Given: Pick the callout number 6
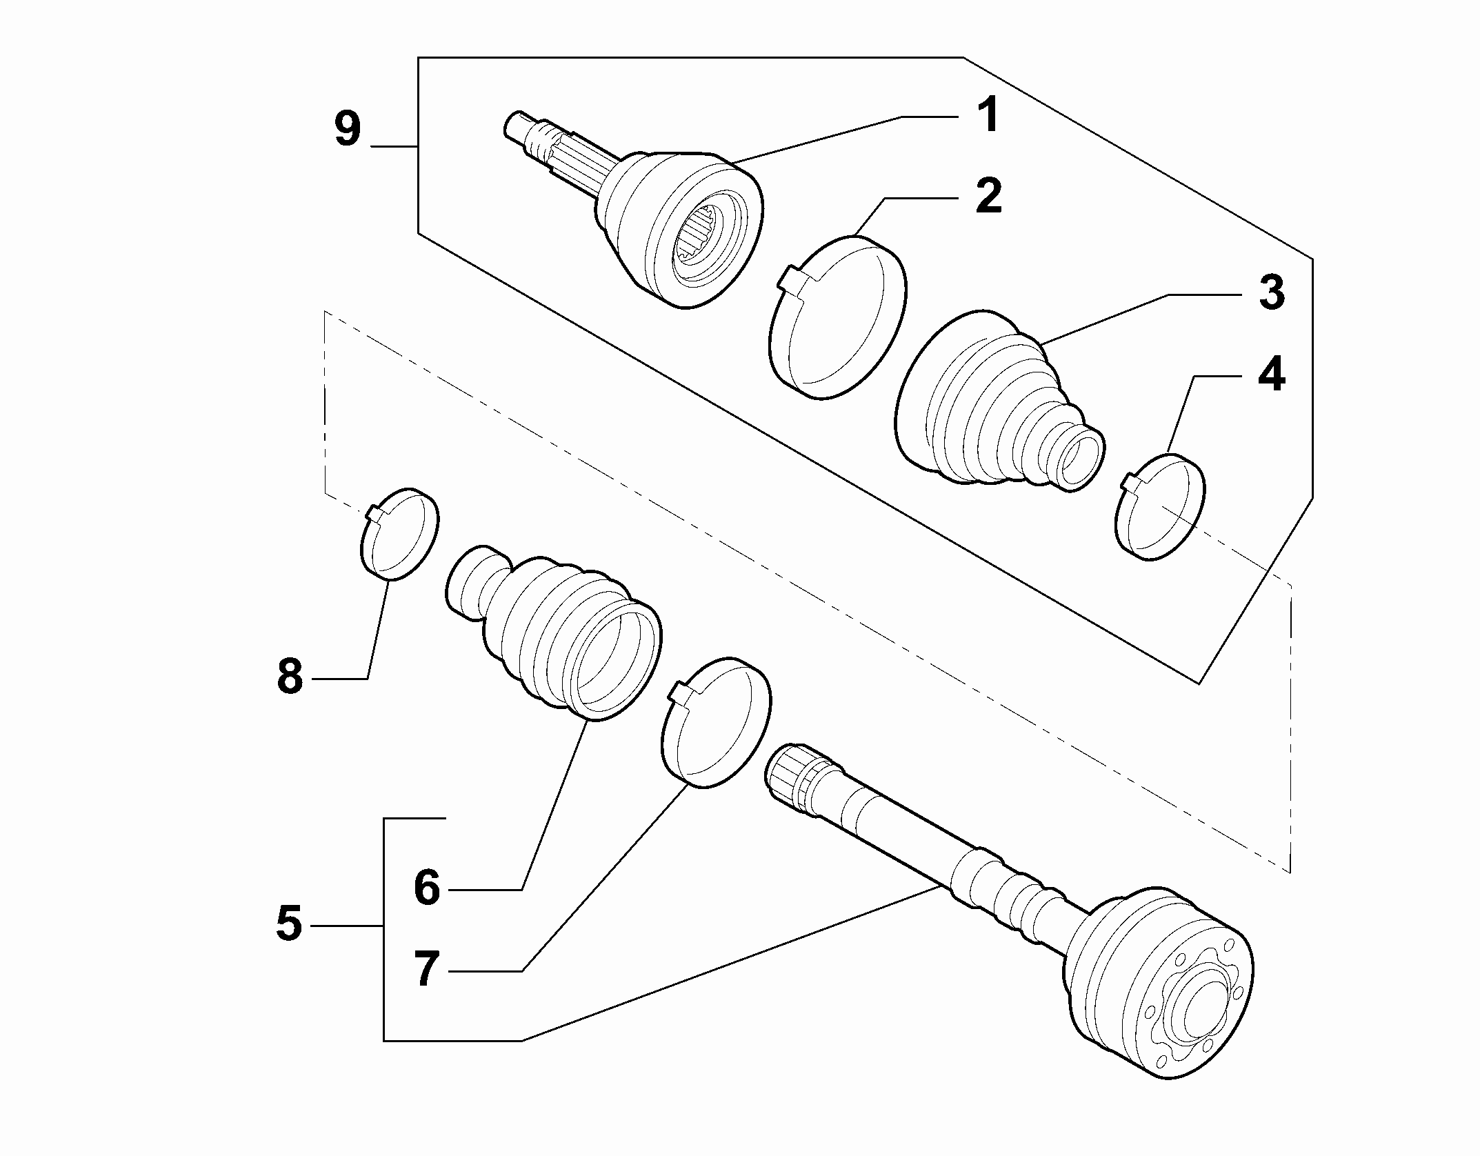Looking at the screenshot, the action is click(427, 888).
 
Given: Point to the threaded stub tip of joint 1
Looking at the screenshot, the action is click(514, 126).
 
